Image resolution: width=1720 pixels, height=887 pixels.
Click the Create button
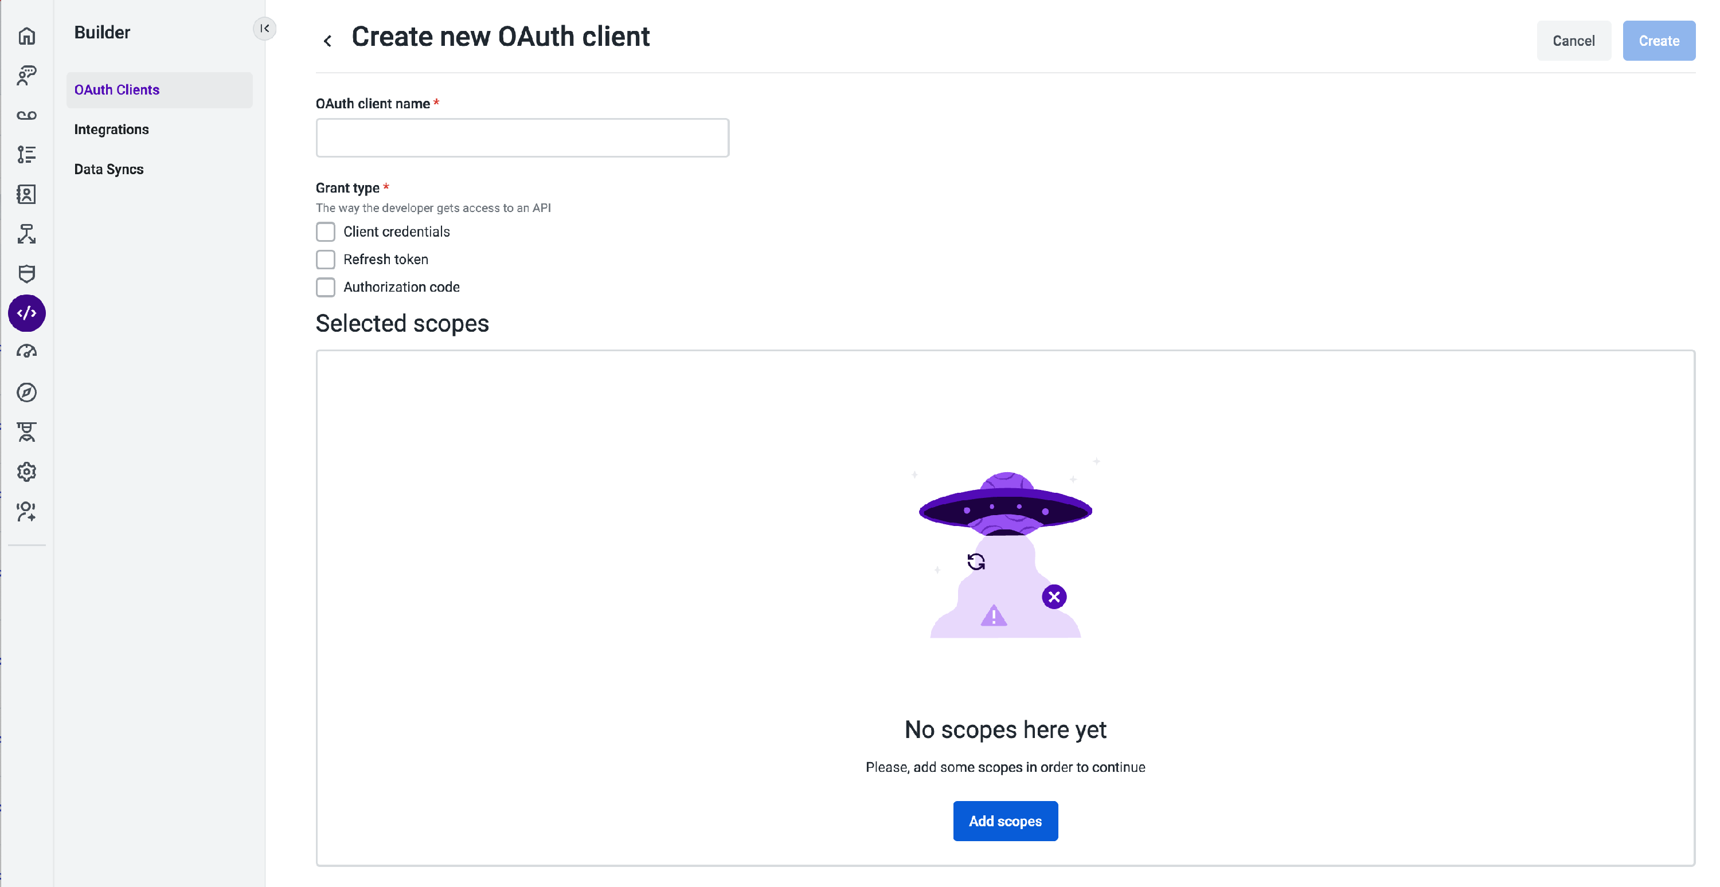pyautogui.click(x=1658, y=41)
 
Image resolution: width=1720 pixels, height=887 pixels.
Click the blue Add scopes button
pyautogui.click(x=1005, y=821)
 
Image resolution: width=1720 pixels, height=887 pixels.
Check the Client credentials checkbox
pyautogui.click(x=325, y=231)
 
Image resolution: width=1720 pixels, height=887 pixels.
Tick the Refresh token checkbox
pyautogui.click(x=325, y=259)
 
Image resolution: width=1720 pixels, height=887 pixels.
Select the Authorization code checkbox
pyautogui.click(x=325, y=287)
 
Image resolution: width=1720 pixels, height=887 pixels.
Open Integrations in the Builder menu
pyautogui.click(x=111, y=129)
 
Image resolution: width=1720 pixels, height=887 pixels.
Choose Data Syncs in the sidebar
pyautogui.click(x=109, y=170)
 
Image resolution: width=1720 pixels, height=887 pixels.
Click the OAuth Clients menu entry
pyautogui.click(x=117, y=89)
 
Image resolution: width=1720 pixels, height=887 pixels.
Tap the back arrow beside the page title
pyautogui.click(x=327, y=41)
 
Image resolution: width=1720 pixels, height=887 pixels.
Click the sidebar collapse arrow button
pyautogui.click(x=264, y=29)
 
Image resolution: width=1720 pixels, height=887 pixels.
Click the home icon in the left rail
pyautogui.click(x=27, y=36)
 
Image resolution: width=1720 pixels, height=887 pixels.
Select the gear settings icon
pyautogui.click(x=27, y=472)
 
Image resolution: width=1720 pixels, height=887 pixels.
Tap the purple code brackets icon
pyautogui.click(x=27, y=313)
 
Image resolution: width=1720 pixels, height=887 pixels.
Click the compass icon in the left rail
pyautogui.click(x=27, y=393)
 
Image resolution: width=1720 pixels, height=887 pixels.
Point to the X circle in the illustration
pyautogui.click(x=1054, y=596)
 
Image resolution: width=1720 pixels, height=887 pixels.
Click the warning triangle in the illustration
pyautogui.click(x=994, y=615)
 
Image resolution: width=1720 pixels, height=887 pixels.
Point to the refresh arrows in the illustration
pyautogui.click(x=975, y=562)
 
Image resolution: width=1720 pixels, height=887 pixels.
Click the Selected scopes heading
pyautogui.click(x=402, y=324)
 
